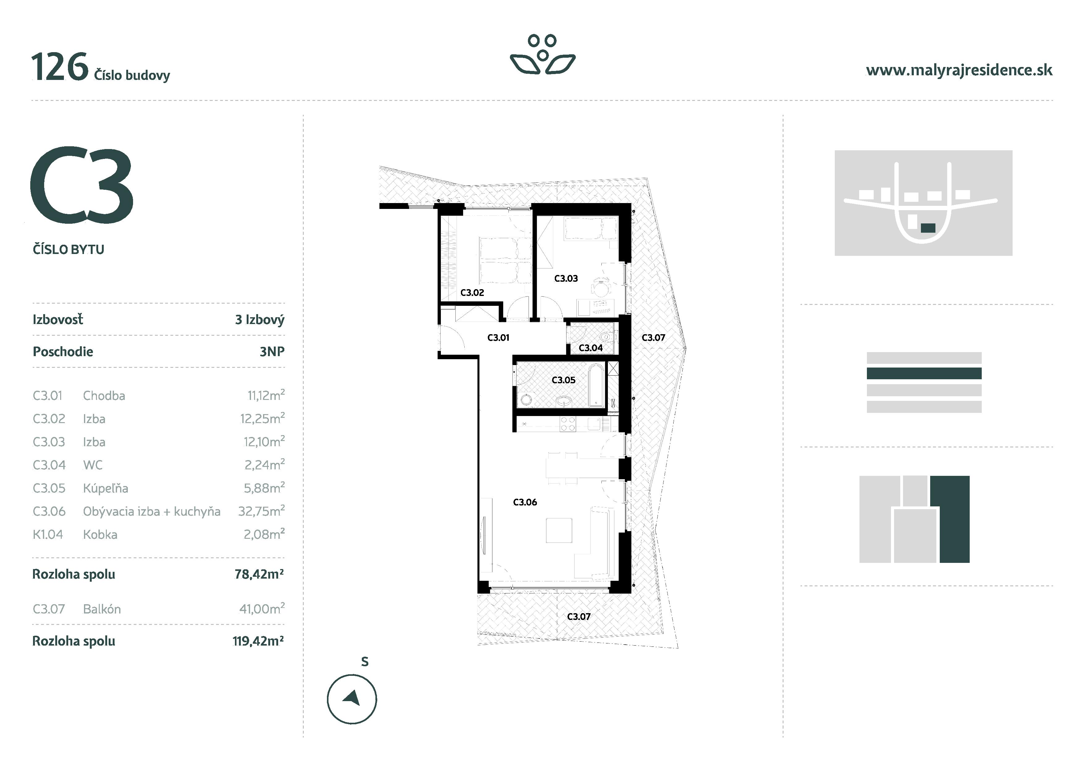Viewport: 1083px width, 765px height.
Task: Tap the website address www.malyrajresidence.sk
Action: [x=959, y=71]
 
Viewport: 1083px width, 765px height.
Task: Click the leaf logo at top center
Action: [x=542, y=55]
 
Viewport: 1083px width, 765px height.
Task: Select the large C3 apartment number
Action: [x=82, y=186]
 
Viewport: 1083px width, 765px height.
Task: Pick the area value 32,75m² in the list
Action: [x=261, y=511]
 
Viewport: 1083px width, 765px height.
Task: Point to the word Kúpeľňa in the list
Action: [x=105, y=488]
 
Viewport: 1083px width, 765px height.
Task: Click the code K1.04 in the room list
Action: [x=48, y=534]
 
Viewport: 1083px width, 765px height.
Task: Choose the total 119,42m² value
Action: [x=258, y=641]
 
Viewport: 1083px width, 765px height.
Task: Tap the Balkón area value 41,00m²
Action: [x=261, y=609]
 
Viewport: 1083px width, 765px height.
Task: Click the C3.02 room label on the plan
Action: [x=472, y=293]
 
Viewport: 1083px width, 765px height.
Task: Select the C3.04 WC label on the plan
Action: [x=591, y=348]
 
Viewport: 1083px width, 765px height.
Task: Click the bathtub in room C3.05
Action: [x=597, y=385]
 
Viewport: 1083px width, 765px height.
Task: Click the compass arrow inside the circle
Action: [x=352, y=698]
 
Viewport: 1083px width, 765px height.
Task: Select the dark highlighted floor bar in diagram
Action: [x=924, y=373]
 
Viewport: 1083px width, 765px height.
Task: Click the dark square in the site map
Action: [x=928, y=228]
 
